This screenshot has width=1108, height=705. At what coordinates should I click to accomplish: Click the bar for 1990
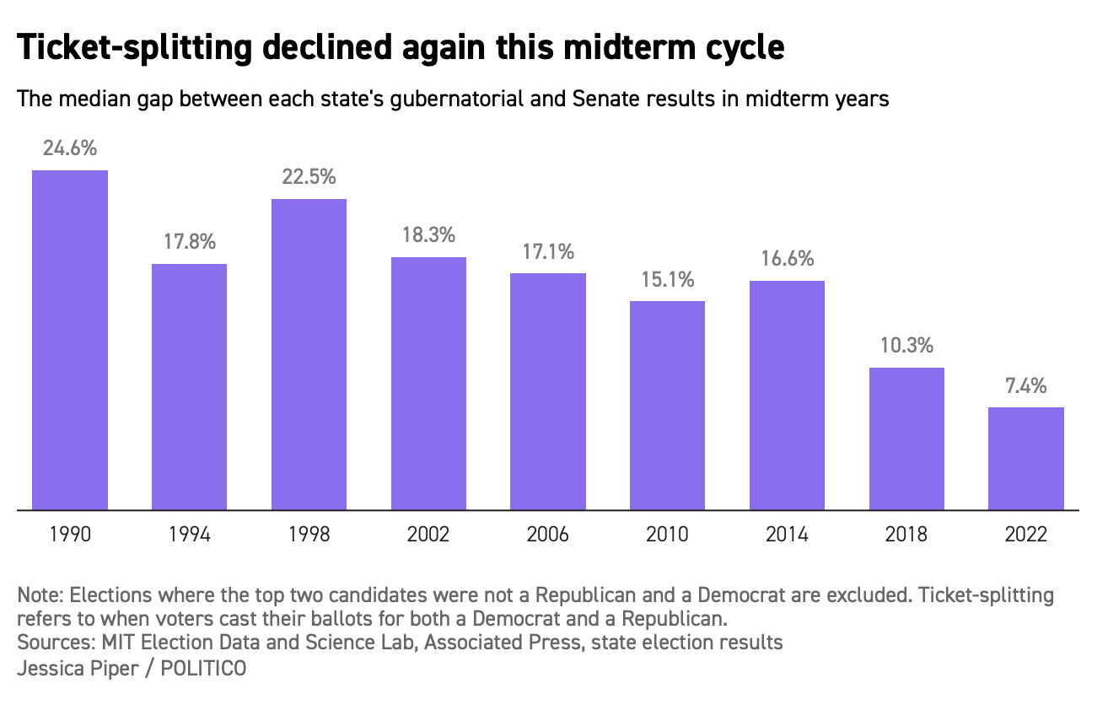[70, 340]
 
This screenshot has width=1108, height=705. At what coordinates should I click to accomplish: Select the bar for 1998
[309, 354]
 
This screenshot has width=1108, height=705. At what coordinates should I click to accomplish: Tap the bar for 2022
[1026, 459]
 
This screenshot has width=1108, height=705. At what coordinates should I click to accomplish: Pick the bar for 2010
[667, 406]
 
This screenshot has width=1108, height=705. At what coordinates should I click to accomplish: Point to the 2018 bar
[906, 439]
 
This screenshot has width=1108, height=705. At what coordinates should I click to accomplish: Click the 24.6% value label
[70, 149]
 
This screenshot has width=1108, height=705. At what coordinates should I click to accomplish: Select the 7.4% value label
[1026, 386]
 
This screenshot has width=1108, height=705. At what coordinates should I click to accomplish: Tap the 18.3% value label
[428, 235]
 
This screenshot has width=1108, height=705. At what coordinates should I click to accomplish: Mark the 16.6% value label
[787, 260]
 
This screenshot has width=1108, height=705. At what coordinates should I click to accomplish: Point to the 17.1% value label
[548, 251]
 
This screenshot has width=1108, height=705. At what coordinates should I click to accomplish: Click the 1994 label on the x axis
[190, 535]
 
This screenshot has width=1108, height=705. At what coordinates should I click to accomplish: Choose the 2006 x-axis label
[548, 535]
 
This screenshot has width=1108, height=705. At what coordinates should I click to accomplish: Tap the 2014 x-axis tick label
[787, 535]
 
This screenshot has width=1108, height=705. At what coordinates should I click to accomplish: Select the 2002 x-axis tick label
[428, 535]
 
